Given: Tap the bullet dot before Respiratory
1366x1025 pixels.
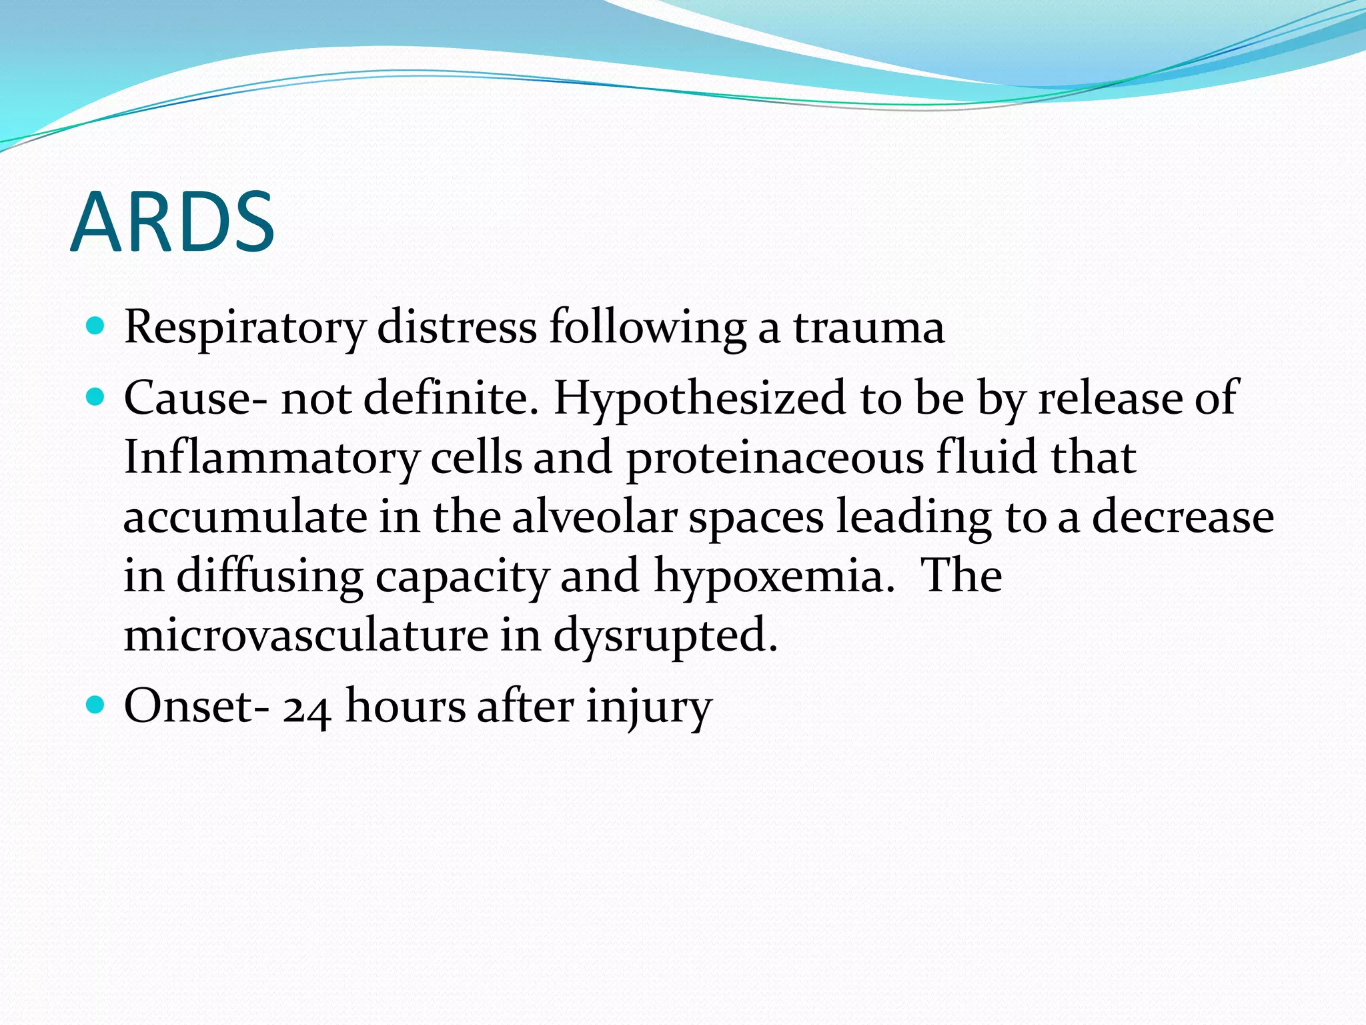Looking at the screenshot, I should [96, 326].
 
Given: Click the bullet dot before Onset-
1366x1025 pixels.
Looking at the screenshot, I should [96, 705].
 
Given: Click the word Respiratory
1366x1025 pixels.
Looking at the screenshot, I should [244, 328].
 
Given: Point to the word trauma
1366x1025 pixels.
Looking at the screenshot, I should [868, 328].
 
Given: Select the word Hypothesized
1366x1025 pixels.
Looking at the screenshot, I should [700, 399].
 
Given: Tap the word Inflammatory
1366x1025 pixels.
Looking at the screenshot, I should [271, 458].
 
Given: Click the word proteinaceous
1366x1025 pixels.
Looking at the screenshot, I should [775, 458].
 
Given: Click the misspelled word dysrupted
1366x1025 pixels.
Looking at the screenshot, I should [665, 636].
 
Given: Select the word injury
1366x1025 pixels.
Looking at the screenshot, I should [649, 707].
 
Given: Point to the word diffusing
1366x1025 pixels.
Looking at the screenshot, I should [269, 576].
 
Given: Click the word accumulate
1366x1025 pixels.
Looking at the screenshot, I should [245, 519].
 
